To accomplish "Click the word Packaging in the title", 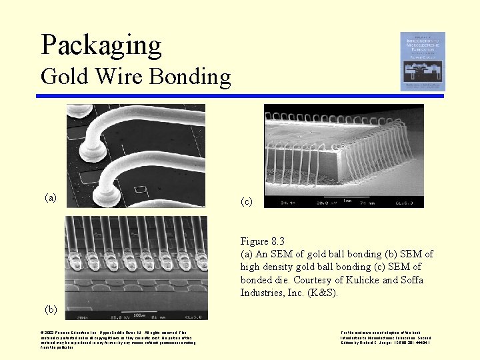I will point(101,45).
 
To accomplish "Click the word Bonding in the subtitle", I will point(191,77).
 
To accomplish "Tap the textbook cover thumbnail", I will point(422,61).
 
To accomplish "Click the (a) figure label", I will point(51,197).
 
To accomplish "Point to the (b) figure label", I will point(51,309).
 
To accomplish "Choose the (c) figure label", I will point(247,201).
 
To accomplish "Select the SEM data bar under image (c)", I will point(343,202).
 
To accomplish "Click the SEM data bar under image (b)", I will point(136,315).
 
